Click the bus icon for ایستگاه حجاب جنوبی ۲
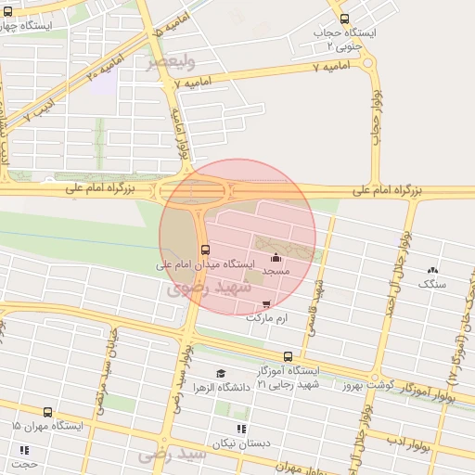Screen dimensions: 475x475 pyautogui.click(x=344, y=19)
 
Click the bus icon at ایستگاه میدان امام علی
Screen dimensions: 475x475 pyautogui.click(x=204, y=250)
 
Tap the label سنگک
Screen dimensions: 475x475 pyautogui.click(x=432, y=284)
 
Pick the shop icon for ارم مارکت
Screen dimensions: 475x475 pyautogui.click(x=267, y=303)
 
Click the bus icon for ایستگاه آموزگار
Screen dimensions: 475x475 pyautogui.click(x=288, y=356)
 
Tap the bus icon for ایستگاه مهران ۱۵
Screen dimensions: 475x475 pyautogui.click(x=47, y=412)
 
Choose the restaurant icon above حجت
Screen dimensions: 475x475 pyautogui.click(x=24, y=450)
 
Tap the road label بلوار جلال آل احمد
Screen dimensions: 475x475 pyautogui.click(x=397, y=278)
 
